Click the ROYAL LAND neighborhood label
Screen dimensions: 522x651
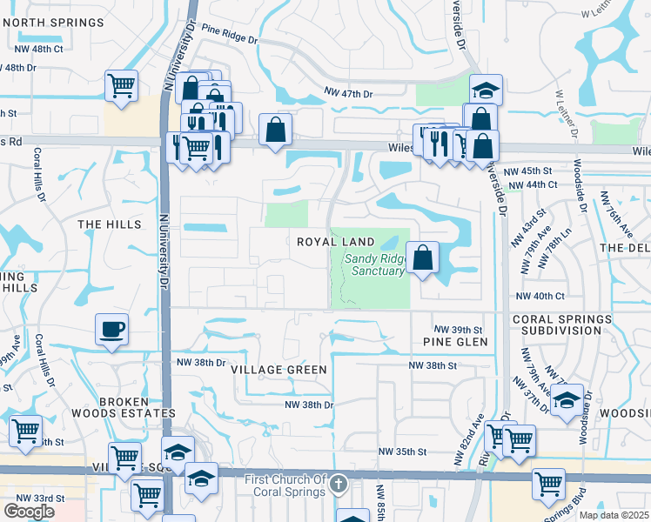point(335,242)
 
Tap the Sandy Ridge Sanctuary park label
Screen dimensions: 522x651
point(375,264)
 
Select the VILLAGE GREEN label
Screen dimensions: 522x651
point(279,370)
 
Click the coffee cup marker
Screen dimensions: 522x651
point(111,330)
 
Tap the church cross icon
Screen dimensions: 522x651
point(339,482)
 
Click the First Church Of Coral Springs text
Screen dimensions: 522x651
point(285,485)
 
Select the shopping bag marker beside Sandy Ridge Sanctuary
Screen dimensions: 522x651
point(423,258)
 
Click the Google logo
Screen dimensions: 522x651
point(30,511)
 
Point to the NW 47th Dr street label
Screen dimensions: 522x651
point(348,93)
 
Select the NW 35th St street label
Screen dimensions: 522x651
point(402,452)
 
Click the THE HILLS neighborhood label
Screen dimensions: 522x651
point(109,224)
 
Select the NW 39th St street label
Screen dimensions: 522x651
point(458,330)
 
